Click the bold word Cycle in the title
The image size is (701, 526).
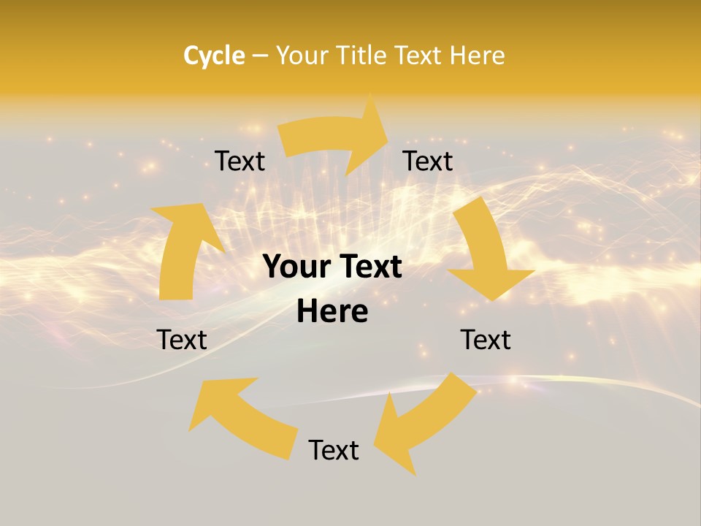(214, 56)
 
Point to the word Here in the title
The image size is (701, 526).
(478, 56)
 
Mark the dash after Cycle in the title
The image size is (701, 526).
(259, 56)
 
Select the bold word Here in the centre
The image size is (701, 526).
(332, 312)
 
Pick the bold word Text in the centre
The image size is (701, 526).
(370, 267)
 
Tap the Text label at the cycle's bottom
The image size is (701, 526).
(334, 450)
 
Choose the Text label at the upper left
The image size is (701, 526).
(240, 161)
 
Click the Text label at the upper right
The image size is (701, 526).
(428, 161)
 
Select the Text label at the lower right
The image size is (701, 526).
(486, 340)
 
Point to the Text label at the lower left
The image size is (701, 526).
(182, 340)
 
